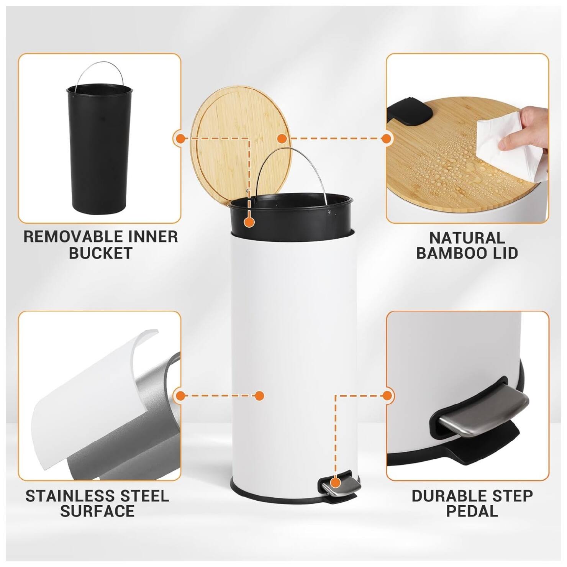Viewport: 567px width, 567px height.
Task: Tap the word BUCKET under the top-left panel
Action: click(x=101, y=253)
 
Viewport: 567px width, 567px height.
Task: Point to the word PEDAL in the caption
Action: click(x=472, y=511)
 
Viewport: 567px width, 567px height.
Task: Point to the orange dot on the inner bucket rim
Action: click(x=249, y=222)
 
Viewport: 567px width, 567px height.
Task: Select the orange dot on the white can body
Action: click(x=259, y=396)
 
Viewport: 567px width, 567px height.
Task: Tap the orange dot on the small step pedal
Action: click(x=336, y=482)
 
